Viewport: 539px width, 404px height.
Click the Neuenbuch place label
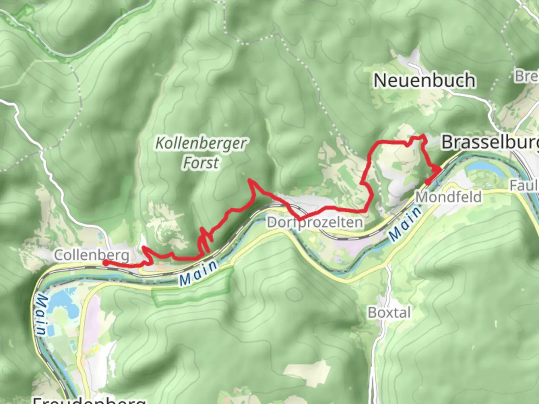424,80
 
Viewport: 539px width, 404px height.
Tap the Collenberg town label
92,255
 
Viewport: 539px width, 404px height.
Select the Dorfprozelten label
315,223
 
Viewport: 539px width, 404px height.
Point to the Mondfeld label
449,197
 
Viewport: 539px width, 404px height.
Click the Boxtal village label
389,312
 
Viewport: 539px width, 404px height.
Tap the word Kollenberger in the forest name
201,144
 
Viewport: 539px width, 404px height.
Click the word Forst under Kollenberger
201,163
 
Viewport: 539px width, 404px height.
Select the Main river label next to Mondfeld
405,224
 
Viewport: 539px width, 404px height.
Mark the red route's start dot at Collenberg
106,263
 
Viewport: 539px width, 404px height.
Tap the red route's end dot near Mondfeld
427,182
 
